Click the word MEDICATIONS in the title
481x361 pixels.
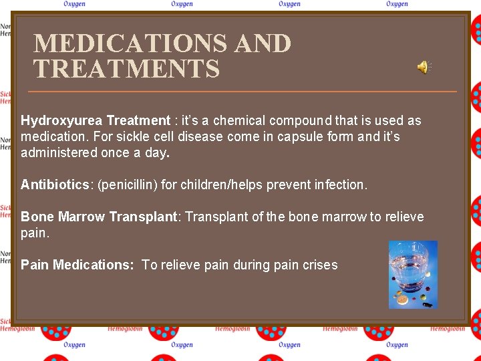[130, 44]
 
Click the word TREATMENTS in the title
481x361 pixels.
[127, 69]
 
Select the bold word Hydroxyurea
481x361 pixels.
[61, 121]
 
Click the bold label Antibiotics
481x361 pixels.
[55, 185]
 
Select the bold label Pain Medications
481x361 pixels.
[77, 265]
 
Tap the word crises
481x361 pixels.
[319, 265]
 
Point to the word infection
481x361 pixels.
[341, 185]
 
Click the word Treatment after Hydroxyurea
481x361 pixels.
[138, 121]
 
